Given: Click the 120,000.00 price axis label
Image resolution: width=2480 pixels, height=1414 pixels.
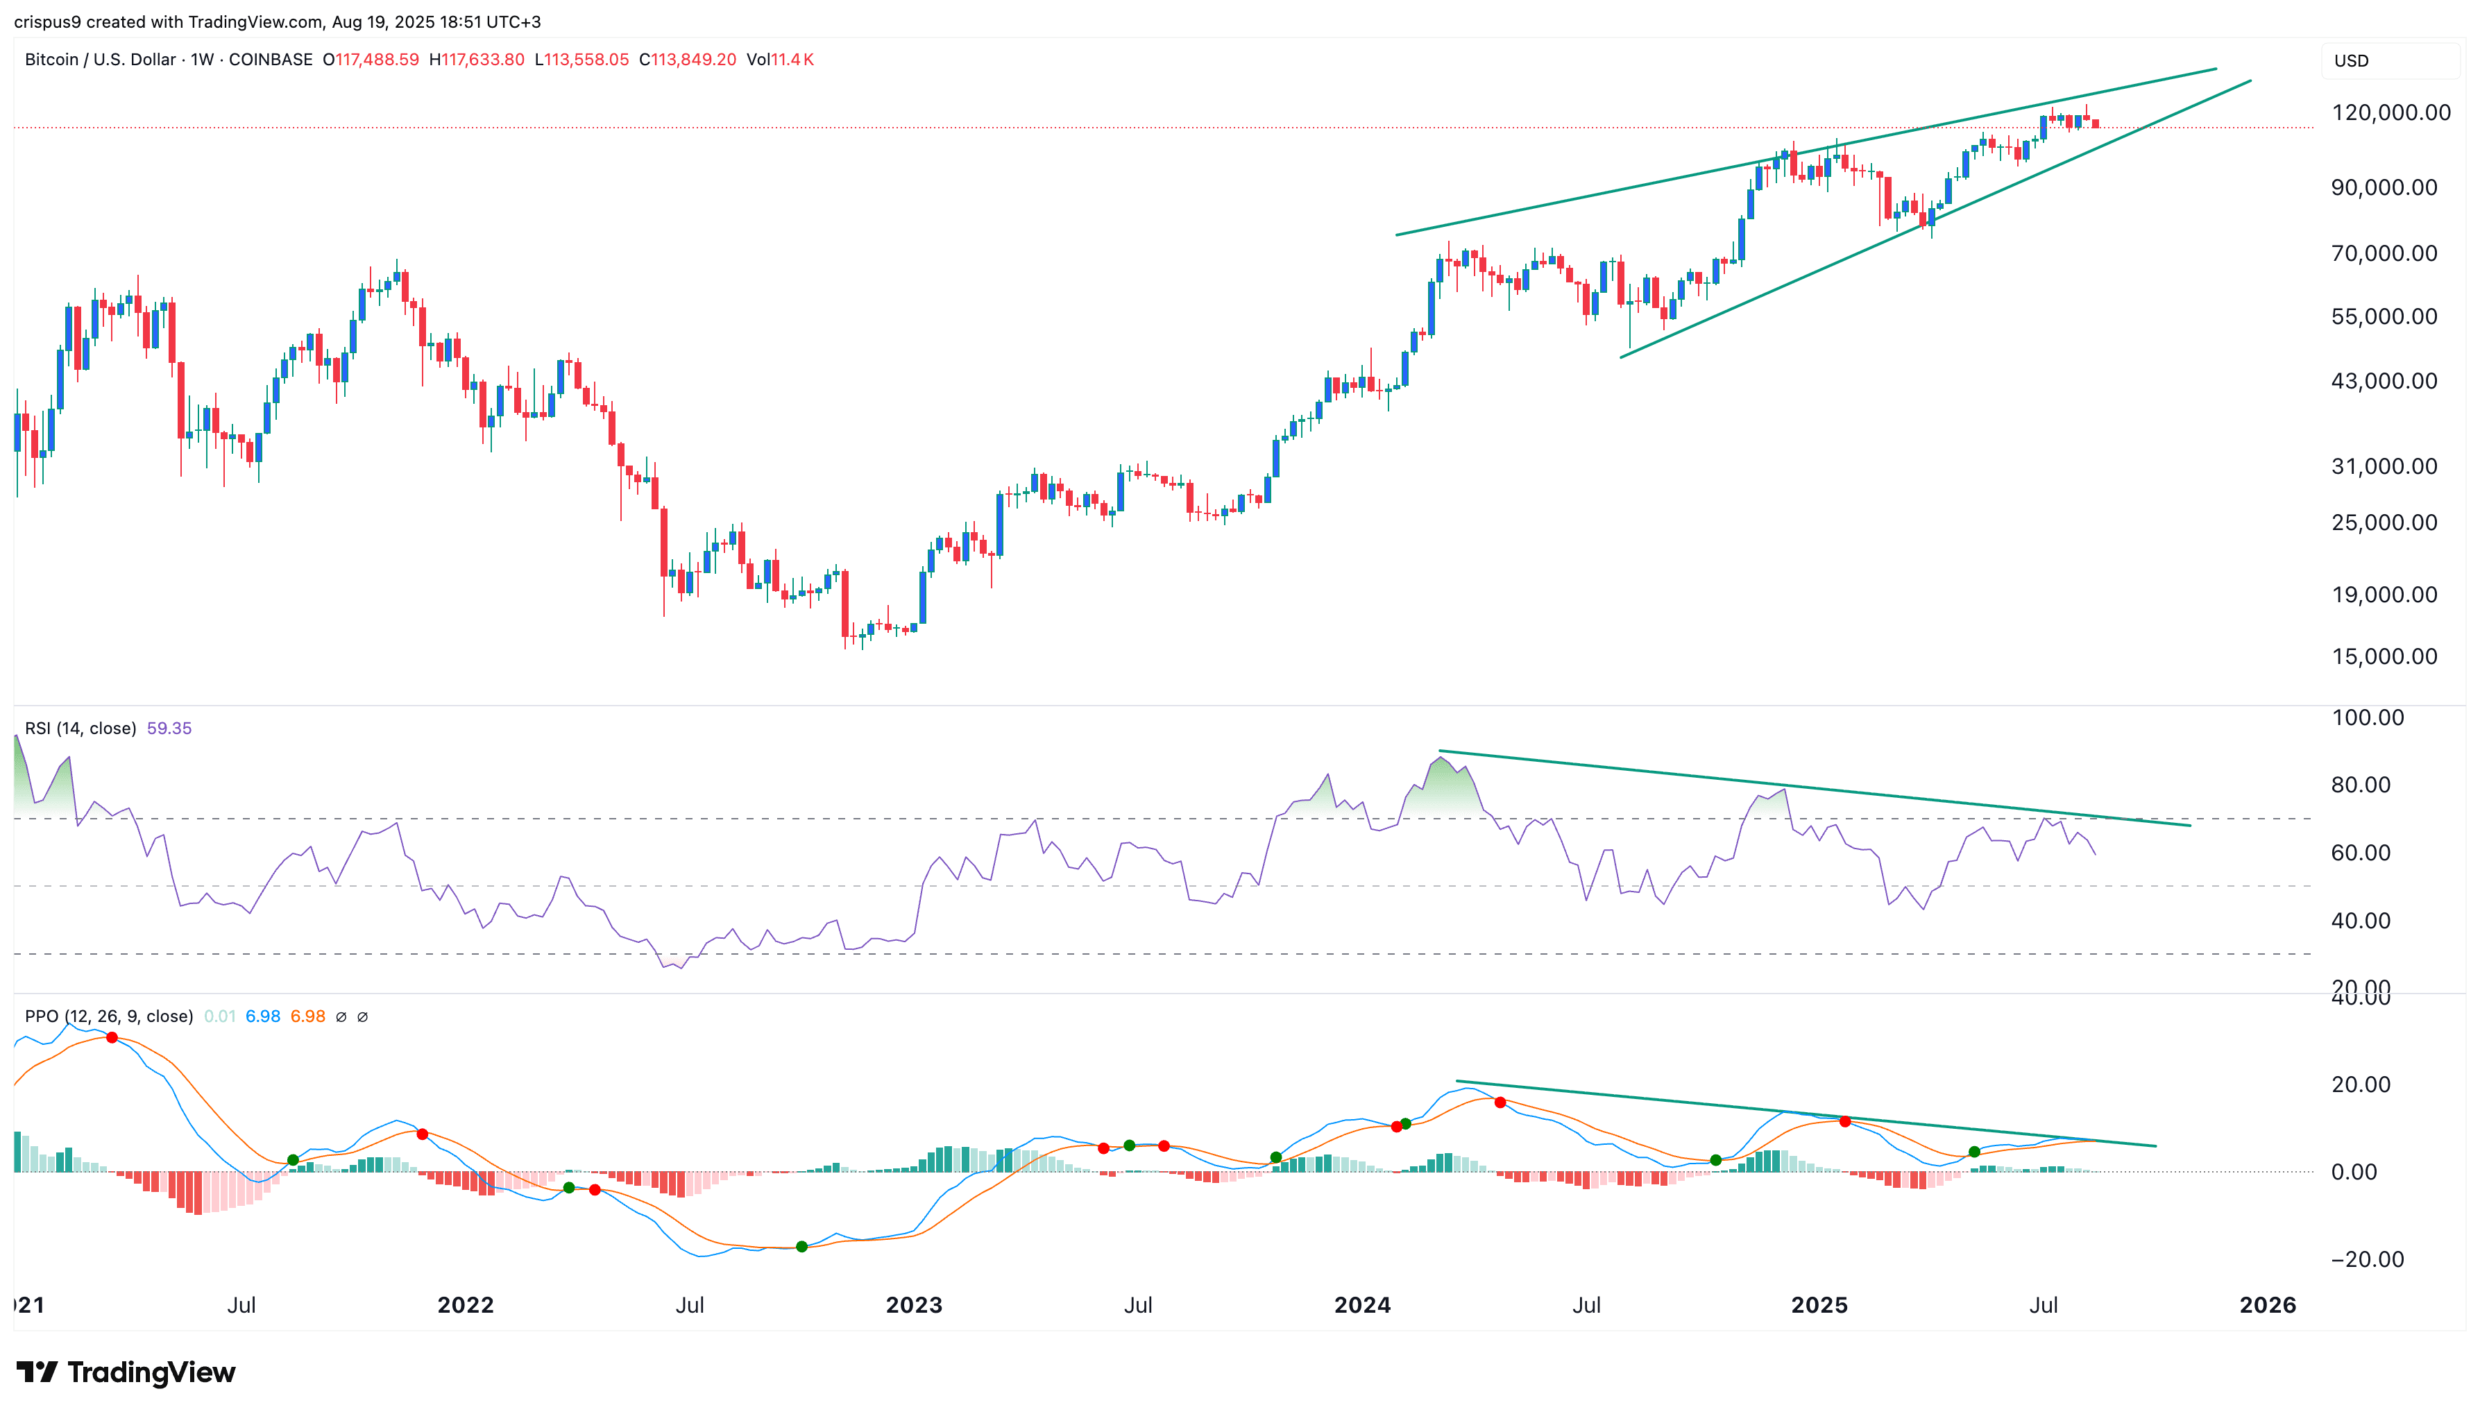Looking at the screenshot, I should point(2390,112).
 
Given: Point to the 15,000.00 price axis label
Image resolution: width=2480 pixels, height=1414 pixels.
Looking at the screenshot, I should point(2384,656).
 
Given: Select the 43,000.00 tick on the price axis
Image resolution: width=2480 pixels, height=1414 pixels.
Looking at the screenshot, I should point(2384,381).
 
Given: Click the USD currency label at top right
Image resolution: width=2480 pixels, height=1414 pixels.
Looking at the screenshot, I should point(2351,60).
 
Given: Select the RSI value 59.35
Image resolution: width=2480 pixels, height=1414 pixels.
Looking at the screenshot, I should point(169,729).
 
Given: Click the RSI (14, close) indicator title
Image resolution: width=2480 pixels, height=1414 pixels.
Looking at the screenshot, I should point(80,729).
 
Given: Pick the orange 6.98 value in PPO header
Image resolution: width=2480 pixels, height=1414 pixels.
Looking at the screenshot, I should point(308,1016).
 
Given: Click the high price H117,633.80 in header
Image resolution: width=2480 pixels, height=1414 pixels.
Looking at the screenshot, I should point(477,59).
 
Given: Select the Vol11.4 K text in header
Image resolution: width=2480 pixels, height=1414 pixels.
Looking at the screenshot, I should point(780,59).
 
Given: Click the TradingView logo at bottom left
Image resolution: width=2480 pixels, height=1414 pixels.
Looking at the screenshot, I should point(126,1372).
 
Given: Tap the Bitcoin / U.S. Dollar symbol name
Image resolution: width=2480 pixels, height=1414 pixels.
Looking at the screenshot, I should point(100,59).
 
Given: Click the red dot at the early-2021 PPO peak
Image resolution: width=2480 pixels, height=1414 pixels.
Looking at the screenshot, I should point(112,1038).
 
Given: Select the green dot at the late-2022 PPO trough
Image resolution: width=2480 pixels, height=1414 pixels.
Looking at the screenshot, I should point(801,1246).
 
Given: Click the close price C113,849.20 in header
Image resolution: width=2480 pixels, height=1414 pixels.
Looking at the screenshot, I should point(688,59).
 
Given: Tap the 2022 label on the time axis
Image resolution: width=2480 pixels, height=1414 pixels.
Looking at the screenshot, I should point(465,1304).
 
